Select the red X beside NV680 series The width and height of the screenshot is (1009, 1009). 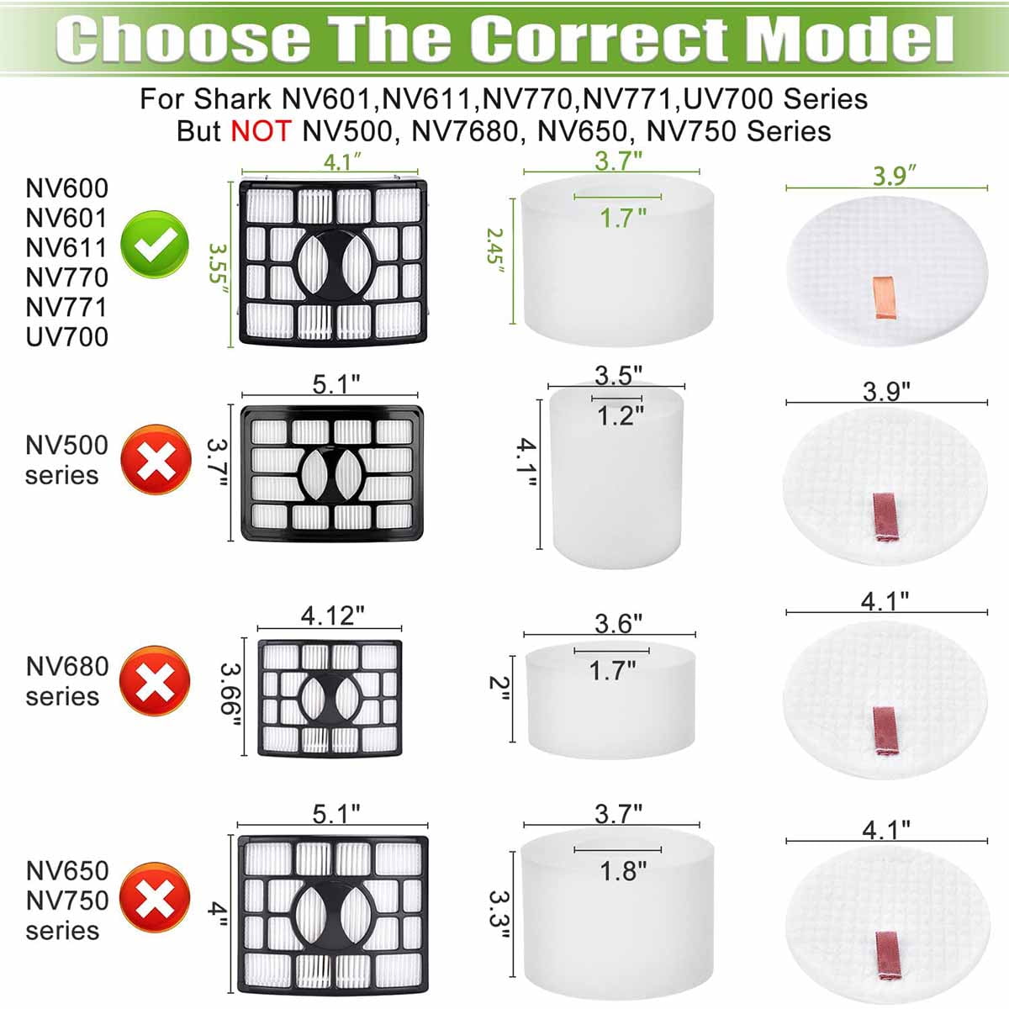point(155,680)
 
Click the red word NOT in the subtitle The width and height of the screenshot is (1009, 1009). point(261,131)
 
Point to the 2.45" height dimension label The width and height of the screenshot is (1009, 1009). point(495,246)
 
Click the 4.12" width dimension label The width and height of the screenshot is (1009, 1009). point(332,615)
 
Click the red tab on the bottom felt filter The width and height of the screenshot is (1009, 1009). point(885,955)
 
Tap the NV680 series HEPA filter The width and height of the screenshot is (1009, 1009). point(330,698)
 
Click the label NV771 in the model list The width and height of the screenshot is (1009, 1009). point(66,307)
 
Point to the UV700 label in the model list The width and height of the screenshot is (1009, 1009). point(66,337)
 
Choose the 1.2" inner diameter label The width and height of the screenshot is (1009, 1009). point(620,415)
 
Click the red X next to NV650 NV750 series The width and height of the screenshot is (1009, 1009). point(155,897)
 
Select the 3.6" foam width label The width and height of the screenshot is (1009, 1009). point(618,623)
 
